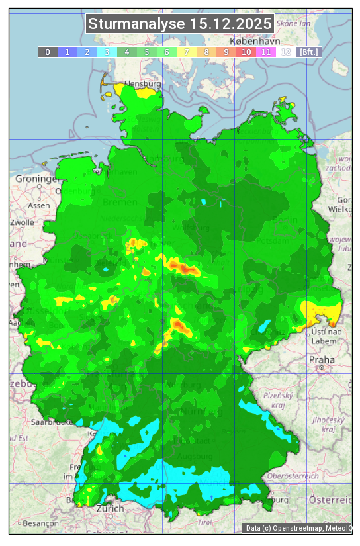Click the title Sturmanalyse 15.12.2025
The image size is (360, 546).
[180, 24]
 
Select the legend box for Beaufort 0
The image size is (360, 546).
[48, 52]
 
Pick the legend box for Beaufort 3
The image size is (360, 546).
[107, 52]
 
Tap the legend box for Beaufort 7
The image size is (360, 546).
[187, 52]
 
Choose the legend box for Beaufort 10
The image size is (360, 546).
[246, 52]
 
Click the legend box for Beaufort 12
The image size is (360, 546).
[286, 52]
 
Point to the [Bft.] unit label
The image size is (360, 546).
[308, 52]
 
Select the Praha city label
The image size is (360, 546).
[321, 360]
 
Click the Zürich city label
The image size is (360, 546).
[110, 508]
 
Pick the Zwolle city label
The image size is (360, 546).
[22, 222]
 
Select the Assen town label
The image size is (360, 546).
[39, 205]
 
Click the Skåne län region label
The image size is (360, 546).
[294, 23]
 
